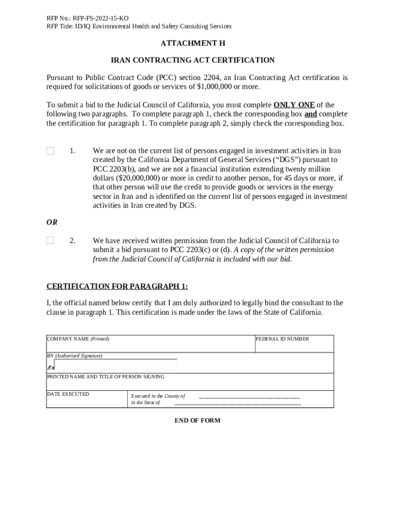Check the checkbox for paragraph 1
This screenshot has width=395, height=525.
point(50,151)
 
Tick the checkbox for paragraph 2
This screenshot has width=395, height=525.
point(50,240)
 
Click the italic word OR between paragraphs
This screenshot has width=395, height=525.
point(52,223)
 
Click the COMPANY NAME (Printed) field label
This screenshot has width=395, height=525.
point(78,339)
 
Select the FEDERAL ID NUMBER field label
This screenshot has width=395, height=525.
point(282,339)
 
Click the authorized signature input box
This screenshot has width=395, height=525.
point(115,365)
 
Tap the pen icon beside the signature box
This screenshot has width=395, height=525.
point(50,367)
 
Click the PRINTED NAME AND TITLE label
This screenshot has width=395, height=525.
point(106,377)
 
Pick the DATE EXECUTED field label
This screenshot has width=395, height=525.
point(68,394)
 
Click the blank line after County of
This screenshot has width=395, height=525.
point(249,397)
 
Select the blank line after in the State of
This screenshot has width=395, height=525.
point(237,403)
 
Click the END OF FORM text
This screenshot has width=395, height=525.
point(197,420)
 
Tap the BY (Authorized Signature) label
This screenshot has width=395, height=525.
point(75,355)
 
